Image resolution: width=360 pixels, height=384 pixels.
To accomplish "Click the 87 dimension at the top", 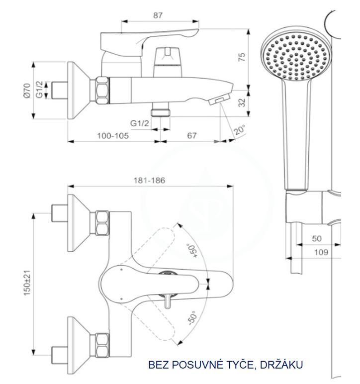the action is (158, 15).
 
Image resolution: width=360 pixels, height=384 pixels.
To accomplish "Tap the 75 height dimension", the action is (242, 57).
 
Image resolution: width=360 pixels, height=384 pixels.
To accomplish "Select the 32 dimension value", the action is (242, 102).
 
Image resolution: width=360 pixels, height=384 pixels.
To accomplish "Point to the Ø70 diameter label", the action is (27, 91).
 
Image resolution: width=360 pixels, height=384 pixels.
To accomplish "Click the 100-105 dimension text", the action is (113, 136).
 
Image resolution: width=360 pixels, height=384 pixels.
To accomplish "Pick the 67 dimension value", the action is (192, 136).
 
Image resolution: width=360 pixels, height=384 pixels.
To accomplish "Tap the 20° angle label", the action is (240, 130).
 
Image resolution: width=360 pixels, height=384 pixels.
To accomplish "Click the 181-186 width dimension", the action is (149, 181).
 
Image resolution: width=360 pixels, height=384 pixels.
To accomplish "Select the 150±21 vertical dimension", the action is (27, 283).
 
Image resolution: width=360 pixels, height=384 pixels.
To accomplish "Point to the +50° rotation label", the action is (192, 250).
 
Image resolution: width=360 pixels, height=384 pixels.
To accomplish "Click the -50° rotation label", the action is (192, 318).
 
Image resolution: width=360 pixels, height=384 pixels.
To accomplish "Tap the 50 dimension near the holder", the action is (317, 239).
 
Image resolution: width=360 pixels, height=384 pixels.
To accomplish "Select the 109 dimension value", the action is (321, 252).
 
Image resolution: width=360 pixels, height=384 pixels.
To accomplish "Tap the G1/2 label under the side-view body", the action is (140, 123).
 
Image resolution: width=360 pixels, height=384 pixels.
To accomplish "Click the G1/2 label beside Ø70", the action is (39, 90).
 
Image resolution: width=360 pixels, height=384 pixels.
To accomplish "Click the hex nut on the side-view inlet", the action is (102, 91).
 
